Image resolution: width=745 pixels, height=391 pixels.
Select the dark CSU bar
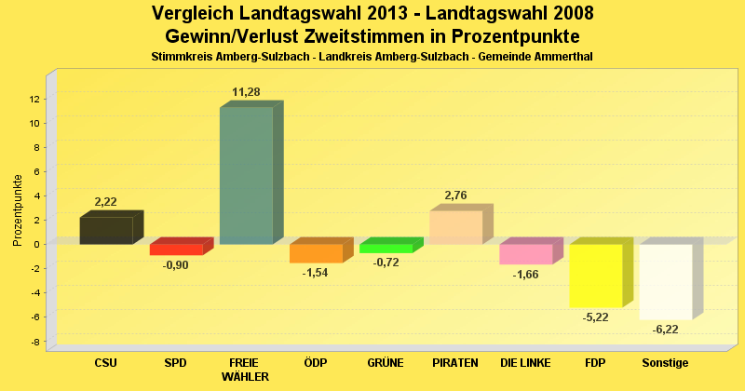[106, 230]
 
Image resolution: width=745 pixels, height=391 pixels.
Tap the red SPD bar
[176, 249]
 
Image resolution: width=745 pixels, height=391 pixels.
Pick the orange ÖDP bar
[316, 253]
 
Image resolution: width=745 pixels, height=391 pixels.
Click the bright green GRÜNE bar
[386, 249]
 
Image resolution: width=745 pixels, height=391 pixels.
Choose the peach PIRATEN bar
[455, 227]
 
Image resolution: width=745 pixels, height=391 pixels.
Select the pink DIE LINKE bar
[525, 254]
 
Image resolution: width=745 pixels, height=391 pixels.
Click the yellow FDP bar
[595, 276]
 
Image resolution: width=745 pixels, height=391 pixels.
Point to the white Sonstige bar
[665, 281]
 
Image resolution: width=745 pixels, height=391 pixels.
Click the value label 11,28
[246, 92]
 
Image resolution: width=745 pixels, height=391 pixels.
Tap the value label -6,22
[665, 330]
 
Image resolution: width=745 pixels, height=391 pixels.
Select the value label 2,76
[455, 195]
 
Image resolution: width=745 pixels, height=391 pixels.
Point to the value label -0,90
[176, 265]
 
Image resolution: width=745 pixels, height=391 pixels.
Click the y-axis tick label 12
[34, 99]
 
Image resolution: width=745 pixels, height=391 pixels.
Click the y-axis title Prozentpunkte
[18, 210]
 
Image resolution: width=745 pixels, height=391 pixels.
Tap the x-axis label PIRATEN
[455, 362]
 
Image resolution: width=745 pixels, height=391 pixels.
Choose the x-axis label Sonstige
[665, 362]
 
